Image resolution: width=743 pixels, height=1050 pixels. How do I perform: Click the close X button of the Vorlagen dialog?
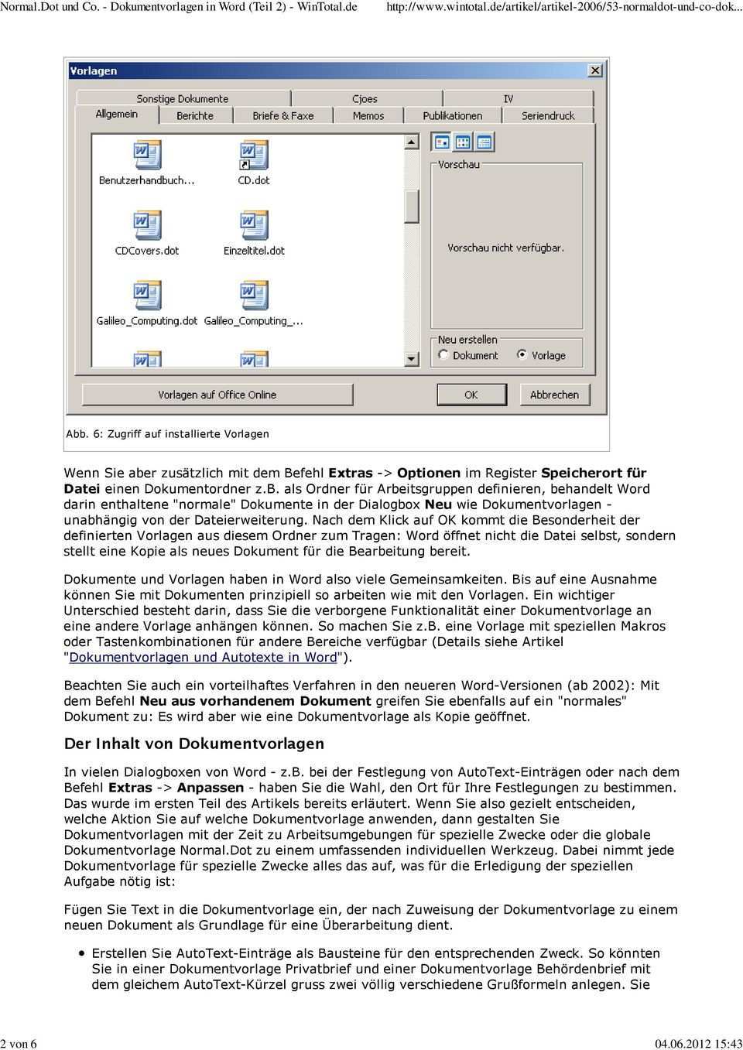(595, 70)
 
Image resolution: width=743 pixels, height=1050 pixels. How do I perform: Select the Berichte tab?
(195, 115)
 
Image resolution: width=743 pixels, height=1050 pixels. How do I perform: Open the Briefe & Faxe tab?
(283, 115)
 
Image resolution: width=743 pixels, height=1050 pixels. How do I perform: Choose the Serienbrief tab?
(548, 115)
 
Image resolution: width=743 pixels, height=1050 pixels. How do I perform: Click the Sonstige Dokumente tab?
(183, 99)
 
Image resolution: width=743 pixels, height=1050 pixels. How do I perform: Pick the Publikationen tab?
(453, 115)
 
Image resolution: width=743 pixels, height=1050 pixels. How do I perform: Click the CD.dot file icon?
(254, 156)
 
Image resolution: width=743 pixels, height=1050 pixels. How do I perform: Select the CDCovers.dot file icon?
(146, 225)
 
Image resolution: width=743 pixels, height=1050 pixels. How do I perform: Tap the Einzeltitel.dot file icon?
(254, 225)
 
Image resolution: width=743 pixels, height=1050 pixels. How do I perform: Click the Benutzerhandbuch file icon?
(146, 156)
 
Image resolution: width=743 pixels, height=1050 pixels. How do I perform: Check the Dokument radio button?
(443, 355)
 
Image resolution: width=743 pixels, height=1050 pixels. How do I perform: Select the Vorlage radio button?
(522, 355)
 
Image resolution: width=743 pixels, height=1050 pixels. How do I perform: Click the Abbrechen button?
(554, 395)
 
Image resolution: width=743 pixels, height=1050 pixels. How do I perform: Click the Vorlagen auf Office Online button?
(217, 395)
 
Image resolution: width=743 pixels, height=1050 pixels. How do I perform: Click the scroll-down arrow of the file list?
(412, 359)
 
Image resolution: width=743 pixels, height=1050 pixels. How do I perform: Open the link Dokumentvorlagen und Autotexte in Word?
(203, 658)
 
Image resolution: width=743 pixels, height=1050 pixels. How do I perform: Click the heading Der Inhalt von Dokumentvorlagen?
(193, 744)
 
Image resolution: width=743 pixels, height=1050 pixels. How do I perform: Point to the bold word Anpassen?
(210, 788)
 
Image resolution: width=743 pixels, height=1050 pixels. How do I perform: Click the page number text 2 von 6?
(19, 1043)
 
